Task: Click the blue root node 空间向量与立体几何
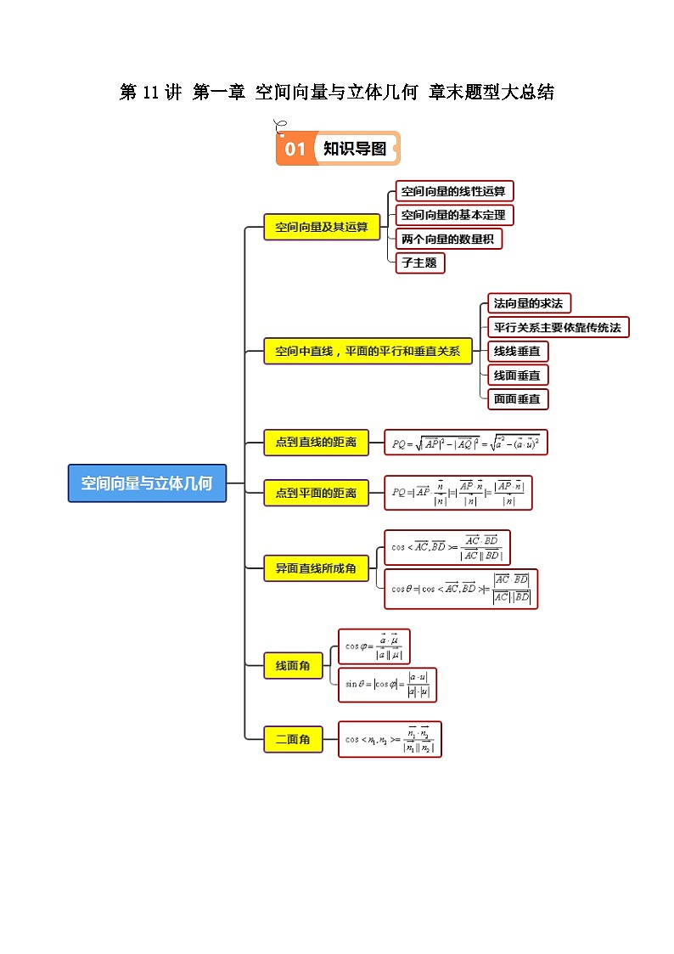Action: point(147,483)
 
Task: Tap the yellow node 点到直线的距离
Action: point(316,442)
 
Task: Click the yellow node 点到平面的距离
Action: point(316,493)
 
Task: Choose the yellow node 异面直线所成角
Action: point(316,567)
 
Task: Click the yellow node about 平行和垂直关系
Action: point(368,351)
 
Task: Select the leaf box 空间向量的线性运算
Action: point(454,191)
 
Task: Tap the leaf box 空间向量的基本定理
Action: point(454,215)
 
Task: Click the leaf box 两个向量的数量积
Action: point(448,239)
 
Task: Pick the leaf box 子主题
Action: point(419,262)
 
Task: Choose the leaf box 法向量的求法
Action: point(529,303)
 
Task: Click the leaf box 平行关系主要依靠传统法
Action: point(559,327)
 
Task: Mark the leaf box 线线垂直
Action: point(517,351)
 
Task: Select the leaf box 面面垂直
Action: point(517,398)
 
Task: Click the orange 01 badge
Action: point(295,150)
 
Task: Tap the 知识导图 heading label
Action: point(354,149)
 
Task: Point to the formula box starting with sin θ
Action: point(387,685)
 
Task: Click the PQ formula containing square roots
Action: point(466,443)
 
